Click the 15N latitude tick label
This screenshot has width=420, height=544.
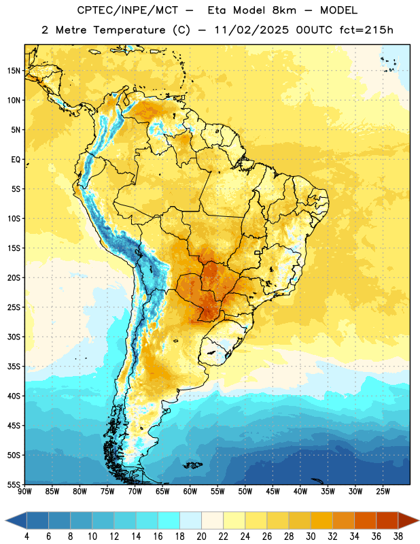pyautogui.click(x=14, y=71)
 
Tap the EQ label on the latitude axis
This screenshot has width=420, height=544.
pyautogui.click(x=16, y=160)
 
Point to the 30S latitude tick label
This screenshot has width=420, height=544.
pyautogui.click(x=14, y=337)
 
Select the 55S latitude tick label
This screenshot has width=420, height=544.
pyautogui.click(x=14, y=485)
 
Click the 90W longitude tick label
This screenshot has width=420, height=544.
pyautogui.click(x=24, y=492)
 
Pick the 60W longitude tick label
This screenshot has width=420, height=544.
pyautogui.click(x=190, y=492)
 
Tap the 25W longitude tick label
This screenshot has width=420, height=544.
pyautogui.click(x=383, y=492)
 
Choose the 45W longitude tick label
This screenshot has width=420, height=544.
pyautogui.click(x=273, y=492)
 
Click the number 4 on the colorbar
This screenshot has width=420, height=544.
pyautogui.click(x=27, y=537)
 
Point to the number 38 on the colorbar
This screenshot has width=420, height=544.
pyautogui.click(x=398, y=537)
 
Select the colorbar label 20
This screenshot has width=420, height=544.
pyautogui.click(x=201, y=537)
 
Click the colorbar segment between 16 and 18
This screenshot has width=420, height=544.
pyautogui.click(x=169, y=520)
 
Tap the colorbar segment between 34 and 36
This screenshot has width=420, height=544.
pyautogui.click(x=365, y=520)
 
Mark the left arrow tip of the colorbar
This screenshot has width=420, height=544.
pyautogui.click(x=5, y=520)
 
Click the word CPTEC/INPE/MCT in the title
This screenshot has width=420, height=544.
pyautogui.click(x=127, y=10)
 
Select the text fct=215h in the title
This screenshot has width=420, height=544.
pyautogui.click(x=366, y=30)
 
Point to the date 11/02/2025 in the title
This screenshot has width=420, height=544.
pyautogui.click(x=251, y=30)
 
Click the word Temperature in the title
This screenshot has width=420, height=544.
pyautogui.click(x=129, y=31)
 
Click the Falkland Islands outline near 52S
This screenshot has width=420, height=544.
pyautogui.click(x=192, y=465)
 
